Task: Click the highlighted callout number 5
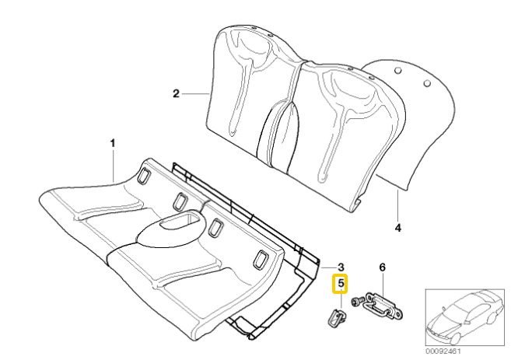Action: coord(340,284)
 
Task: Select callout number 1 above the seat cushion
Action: coord(113,143)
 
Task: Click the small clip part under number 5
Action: coord(335,317)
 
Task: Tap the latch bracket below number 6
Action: coord(384,305)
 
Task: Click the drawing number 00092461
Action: coord(443,351)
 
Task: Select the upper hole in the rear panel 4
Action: coord(397,71)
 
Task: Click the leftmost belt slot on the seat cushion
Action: coord(143,175)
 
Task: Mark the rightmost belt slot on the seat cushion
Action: coord(260,260)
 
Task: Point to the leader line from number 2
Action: coord(195,94)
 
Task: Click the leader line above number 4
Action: coord(398,204)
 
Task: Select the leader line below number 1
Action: coord(113,166)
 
